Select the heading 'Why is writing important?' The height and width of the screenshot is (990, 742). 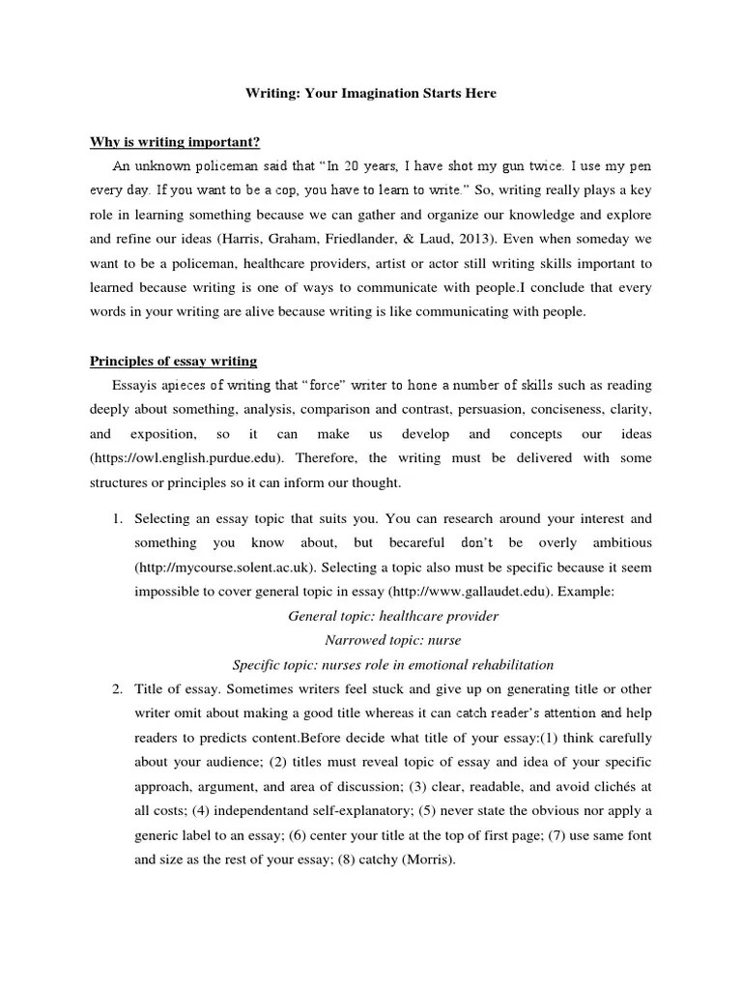click(x=175, y=142)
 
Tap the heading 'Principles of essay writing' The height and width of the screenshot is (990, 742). click(x=174, y=362)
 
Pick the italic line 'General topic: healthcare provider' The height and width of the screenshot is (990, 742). click(x=393, y=616)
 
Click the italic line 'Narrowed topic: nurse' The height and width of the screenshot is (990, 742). click(x=392, y=640)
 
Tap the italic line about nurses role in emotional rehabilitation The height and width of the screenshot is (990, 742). click(x=393, y=665)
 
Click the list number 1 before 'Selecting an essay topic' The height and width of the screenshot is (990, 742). click(x=116, y=519)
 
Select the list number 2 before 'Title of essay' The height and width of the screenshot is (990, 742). click(x=116, y=689)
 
